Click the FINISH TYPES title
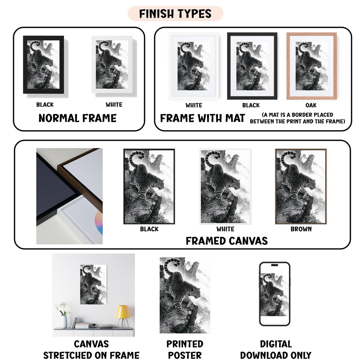point(175,14)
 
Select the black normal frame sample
point(44,65)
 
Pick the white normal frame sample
point(112,65)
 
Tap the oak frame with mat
point(311,66)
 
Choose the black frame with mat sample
point(252,66)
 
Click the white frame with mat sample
point(194,66)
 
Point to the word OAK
point(311,105)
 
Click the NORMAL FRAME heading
point(77,118)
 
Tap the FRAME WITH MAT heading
point(202,118)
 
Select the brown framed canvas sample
point(301,187)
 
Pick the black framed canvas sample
point(149,187)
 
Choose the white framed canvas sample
point(225,187)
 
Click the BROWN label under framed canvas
point(301,229)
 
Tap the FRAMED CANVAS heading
point(227,241)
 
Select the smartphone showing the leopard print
point(275,294)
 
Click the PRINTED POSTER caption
point(185,350)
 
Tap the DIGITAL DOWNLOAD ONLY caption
point(276,350)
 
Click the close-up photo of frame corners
point(70,196)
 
